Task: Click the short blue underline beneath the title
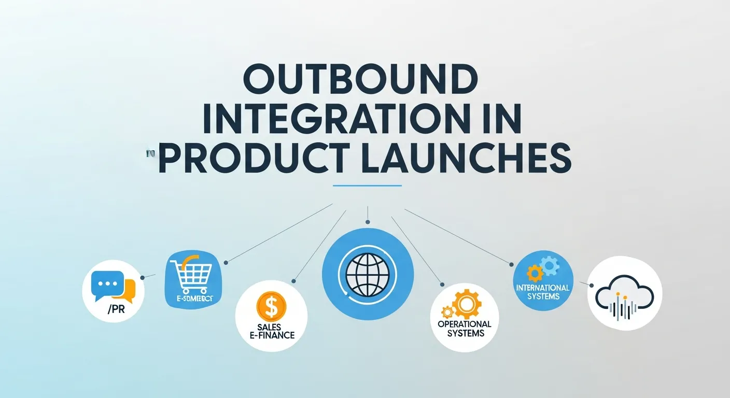pos(367,185)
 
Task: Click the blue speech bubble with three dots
pos(107,283)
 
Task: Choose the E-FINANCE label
pos(271,335)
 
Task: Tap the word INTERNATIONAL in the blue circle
pos(543,288)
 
